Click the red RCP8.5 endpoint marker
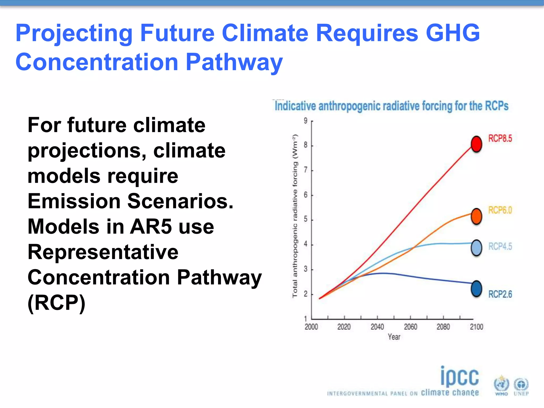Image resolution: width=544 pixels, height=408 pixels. point(477,144)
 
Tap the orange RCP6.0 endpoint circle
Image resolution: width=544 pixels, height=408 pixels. point(477,216)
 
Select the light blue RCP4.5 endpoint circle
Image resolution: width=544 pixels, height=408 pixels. point(477,248)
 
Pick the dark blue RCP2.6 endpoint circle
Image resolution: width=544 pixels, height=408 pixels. point(477,289)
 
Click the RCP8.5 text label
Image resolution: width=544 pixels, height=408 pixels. point(500,138)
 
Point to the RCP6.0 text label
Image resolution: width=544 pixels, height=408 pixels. point(500,210)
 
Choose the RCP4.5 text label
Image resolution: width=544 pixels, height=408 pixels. point(500,246)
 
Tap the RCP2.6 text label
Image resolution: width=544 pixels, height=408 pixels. point(500,294)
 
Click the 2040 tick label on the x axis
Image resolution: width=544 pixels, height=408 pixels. point(377,327)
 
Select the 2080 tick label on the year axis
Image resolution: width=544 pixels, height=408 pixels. point(443,327)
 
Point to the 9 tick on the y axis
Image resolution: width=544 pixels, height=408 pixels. point(305,121)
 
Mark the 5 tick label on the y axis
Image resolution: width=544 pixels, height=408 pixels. point(305,219)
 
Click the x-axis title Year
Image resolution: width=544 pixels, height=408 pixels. point(394,337)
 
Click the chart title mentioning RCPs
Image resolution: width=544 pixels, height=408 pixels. point(391,106)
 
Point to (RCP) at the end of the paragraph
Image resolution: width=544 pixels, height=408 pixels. point(57,303)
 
